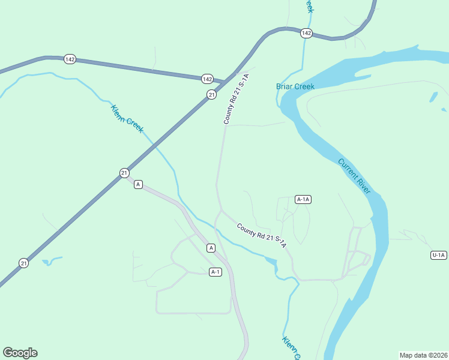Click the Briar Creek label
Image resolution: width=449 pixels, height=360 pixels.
[295, 86]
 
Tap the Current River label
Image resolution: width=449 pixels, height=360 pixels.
[354, 176]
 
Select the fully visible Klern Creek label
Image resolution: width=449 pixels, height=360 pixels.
[127, 119]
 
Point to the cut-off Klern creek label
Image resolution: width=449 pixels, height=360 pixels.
[291, 348]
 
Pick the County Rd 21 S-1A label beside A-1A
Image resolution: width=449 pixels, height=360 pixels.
[261, 236]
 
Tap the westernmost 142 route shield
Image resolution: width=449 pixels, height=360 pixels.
[70, 59]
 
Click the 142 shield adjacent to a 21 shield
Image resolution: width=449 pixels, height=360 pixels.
[207, 79]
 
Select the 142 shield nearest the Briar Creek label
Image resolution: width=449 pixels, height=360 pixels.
[306, 33]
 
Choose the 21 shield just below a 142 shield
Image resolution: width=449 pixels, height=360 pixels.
[211, 94]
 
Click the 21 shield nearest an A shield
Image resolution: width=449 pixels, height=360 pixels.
[124, 173]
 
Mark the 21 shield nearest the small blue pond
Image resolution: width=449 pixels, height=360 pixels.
[23, 263]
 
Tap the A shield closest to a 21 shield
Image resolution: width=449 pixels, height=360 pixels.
[138, 184]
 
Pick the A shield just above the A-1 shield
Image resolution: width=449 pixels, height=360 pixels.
[211, 248]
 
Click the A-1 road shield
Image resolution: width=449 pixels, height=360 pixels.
[215, 272]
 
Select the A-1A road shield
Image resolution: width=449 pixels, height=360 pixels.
[303, 199]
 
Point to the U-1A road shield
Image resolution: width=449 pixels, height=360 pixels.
[439, 255]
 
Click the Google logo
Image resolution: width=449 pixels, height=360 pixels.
[20, 353]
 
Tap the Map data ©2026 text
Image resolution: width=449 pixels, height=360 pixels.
[423, 355]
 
